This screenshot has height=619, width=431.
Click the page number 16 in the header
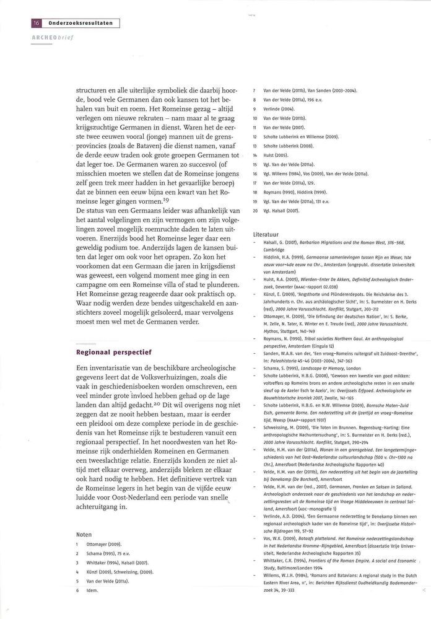35,23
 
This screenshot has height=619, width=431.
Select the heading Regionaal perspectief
114,352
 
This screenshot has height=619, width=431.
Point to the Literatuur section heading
269,235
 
